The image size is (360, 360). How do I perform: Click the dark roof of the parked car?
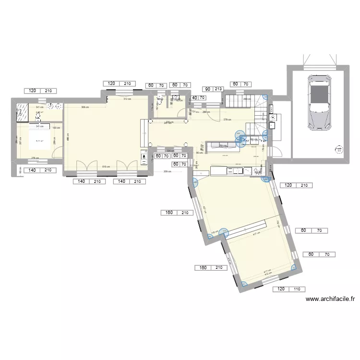coord(319,94)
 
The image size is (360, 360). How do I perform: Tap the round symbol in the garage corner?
coord(339,150)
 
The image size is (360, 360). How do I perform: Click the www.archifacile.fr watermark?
coord(330,299)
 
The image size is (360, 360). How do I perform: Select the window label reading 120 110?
coord(288,289)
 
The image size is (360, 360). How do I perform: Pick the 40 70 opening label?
coord(199,98)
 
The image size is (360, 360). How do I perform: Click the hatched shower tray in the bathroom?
coord(22,112)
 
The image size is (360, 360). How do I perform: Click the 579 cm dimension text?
coord(226,120)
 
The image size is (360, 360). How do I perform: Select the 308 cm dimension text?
coord(85,108)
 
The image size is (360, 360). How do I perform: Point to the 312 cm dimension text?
coord(127,99)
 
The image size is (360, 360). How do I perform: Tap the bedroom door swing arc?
coord(57,154)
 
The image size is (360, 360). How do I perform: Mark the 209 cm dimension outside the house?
coord(168,171)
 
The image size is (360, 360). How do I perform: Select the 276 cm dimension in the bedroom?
coord(35,158)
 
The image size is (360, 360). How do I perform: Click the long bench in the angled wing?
coord(245,229)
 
